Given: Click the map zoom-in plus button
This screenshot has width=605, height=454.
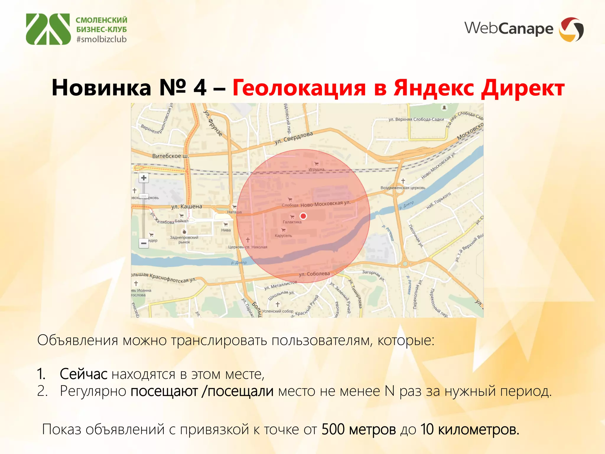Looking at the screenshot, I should (144, 178).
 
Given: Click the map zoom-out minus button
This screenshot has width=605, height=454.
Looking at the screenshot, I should (144, 243).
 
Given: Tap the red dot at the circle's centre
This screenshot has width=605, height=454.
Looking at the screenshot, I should (303, 216).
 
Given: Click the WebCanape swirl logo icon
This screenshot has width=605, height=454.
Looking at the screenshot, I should (571, 29).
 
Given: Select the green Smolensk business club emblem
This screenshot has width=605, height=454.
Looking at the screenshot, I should (48, 29).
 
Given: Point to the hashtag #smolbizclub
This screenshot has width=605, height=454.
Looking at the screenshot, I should (101, 39).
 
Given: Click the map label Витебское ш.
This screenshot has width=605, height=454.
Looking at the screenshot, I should (170, 156).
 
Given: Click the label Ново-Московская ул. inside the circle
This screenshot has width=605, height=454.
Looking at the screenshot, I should (325, 204).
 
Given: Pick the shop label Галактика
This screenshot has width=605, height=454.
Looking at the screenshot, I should (292, 222).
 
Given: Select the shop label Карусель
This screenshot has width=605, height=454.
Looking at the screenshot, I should (283, 236).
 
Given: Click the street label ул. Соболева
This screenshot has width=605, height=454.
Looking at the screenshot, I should (314, 274).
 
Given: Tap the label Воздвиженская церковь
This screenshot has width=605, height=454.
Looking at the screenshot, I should (403, 188).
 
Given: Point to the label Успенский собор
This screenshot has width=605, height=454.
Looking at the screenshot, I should (278, 311).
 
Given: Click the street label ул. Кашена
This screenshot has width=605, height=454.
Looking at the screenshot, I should (187, 206).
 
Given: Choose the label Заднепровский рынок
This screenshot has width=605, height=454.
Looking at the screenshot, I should (184, 240).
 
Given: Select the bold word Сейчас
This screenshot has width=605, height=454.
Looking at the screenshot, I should (83, 374).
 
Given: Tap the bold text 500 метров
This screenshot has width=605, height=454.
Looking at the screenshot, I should (358, 429).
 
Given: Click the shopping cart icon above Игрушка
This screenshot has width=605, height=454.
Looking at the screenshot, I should (316, 164).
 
